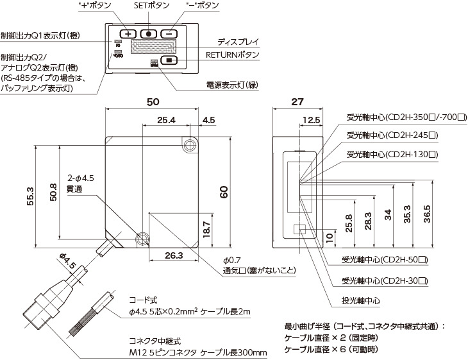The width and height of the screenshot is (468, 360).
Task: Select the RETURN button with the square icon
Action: click(169, 61)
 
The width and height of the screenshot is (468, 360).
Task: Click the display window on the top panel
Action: click(153, 47)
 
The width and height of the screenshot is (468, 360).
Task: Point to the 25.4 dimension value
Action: click(166, 120)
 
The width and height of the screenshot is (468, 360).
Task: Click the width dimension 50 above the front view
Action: click(153, 101)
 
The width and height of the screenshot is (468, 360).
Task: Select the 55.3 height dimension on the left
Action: click(29, 196)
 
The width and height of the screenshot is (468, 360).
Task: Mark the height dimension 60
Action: click(224, 193)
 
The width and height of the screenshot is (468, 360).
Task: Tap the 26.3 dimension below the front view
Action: click(174, 255)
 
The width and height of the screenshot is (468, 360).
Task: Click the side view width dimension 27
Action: click(297, 101)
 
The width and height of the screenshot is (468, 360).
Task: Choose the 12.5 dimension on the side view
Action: click(310, 120)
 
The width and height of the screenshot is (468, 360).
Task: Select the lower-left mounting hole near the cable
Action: click(142, 239)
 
